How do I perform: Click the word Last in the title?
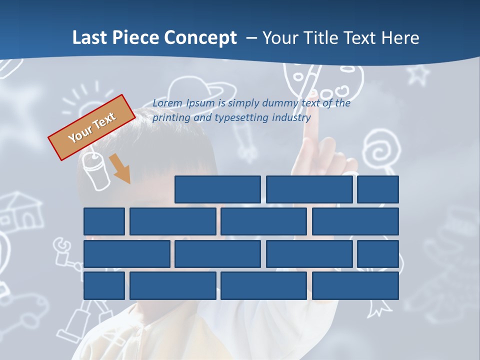point(90,38)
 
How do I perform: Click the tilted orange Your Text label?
point(91,127)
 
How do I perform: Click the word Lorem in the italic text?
point(167,103)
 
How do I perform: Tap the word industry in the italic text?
point(291,118)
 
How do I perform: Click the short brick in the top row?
point(377,189)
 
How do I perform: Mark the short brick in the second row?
point(104,221)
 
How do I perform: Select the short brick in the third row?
point(377,254)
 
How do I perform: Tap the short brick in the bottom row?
point(104,286)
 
